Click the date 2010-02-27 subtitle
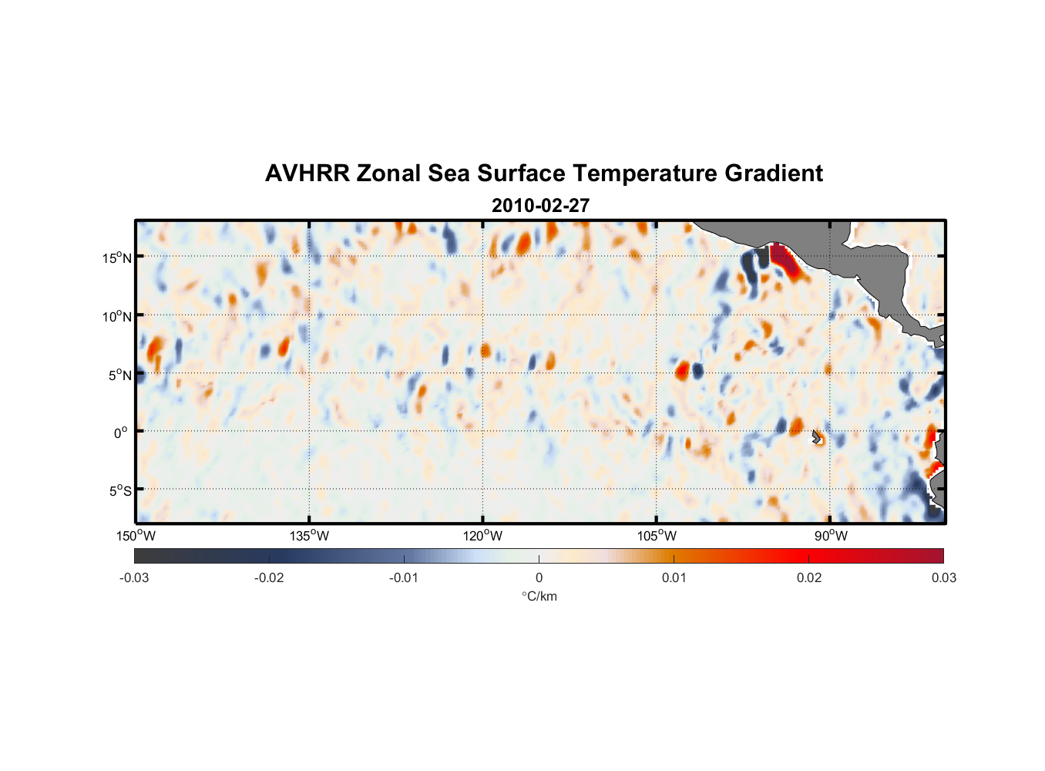coord(540,206)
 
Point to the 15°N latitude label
coord(117,258)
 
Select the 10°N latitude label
coord(117,316)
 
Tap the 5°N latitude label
coord(119,375)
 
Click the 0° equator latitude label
coord(121,433)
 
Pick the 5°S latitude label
coord(119,490)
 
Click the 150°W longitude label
coord(136,536)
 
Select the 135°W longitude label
coord(310,536)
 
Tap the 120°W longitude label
coord(483,536)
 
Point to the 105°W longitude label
coord(657,536)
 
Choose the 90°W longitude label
coord(831,536)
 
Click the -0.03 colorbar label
coord(134,577)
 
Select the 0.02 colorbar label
coord(809,577)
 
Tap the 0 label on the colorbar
coord(539,577)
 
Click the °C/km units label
coord(539,596)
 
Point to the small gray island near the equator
coord(817,436)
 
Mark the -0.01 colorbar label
coord(404,577)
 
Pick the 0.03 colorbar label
coord(943,577)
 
